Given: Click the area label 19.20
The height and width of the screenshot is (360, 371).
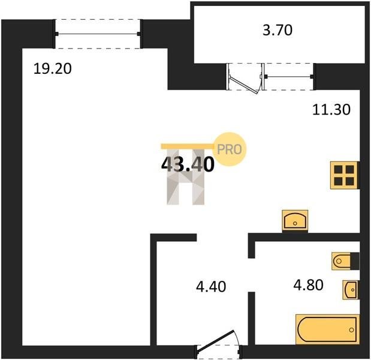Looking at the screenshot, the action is point(53,68).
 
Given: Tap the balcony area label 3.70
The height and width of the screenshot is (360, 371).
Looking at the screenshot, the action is point(278,30).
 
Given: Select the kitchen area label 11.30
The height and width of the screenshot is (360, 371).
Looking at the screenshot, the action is point(331,110).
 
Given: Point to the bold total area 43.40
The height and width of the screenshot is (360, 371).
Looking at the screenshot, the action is point(188,164).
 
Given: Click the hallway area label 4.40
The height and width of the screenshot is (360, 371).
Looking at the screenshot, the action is point(211,286).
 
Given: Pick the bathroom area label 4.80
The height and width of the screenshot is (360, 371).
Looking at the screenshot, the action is point(308,285).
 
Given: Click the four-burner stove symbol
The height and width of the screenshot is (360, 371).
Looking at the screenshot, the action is point(345,175).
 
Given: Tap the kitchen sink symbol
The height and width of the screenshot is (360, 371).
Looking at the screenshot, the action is point(295,221).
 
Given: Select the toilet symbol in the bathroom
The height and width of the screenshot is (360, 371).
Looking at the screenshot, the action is point(345,261).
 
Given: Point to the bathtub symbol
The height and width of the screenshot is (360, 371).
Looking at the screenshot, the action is point(327,329).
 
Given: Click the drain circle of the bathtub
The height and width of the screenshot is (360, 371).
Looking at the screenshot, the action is point(352,329).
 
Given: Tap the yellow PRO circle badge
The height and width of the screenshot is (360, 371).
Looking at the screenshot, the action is point(230,149).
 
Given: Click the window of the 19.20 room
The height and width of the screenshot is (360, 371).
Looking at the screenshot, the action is point(98,34).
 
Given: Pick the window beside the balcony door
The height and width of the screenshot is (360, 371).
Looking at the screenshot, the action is point(289,77).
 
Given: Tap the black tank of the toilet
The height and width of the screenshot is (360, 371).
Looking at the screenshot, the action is point(355,261).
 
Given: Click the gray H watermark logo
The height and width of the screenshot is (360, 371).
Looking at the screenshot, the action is point(186,176).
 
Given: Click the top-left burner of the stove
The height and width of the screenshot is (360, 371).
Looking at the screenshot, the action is point(339,170).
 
